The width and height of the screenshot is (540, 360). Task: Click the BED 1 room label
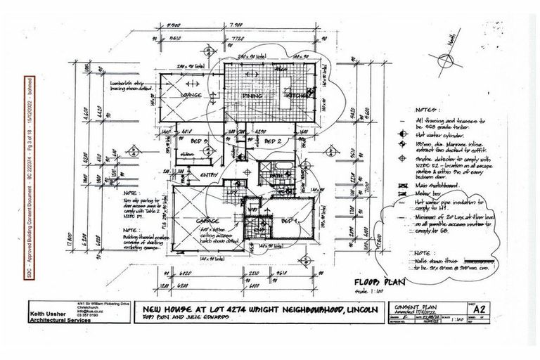pos(288,221)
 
